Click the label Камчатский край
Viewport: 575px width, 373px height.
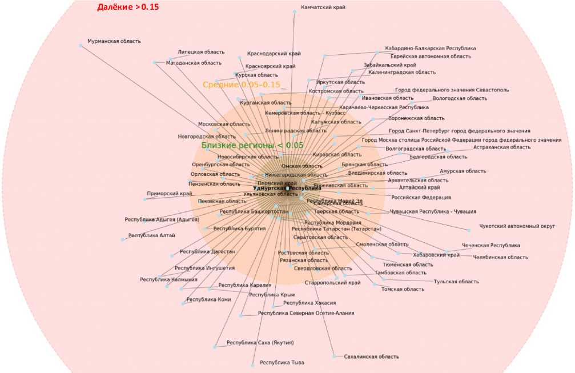(x=323, y=7)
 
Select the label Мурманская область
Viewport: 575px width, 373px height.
(x=114, y=41)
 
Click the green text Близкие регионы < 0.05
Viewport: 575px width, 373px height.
(x=252, y=145)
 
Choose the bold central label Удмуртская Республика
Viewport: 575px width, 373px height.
(x=287, y=188)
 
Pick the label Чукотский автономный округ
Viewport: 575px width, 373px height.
(x=517, y=226)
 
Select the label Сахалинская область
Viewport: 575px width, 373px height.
(x=371, y=356)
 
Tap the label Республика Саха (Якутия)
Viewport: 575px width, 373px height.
(x=260, y=343)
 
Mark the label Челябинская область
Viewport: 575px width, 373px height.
(x=501, y=257)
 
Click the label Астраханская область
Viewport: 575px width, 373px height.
(x=502, y=147)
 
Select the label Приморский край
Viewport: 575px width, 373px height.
(x=170, y=194)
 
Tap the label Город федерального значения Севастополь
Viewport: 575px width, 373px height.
(x=452, y=90)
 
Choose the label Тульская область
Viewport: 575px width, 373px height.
(x=456, y=282)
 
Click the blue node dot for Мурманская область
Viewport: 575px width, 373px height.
(x=81, y=45)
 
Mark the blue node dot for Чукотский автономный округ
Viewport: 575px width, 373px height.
(x=469, y=230)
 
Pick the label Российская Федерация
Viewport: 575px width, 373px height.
(x=421, y=198)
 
